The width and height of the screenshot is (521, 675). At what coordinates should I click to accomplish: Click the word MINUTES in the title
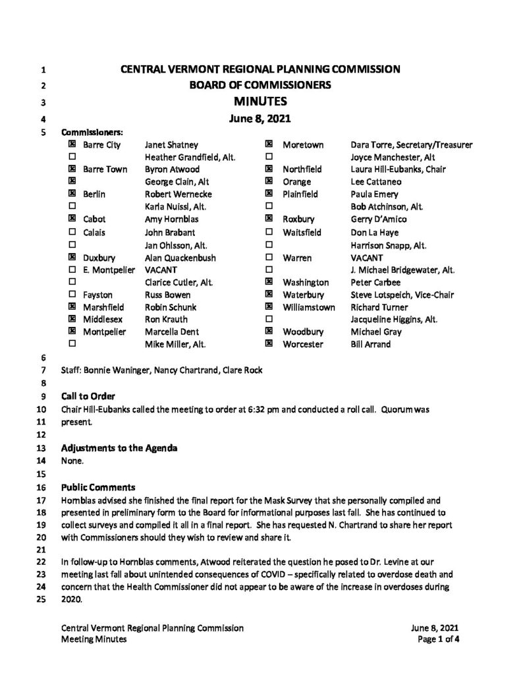(x=260, y=102)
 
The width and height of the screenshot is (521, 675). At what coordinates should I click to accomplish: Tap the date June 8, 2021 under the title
(x=260, y=119)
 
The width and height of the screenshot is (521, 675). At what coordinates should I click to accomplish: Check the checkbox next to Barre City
(x=71, y=144)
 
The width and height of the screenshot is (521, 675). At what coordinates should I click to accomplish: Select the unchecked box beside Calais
(x=71, y=233)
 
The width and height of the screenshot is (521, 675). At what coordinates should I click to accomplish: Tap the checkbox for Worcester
(x=269, y=344)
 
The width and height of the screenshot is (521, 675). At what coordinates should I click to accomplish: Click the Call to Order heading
(x=88, y=396)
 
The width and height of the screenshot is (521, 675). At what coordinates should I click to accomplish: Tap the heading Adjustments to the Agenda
(x=119, y=449)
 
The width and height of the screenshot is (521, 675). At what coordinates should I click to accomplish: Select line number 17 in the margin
(x=43, y=501)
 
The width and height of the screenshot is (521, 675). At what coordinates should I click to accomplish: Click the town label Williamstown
(x=309, y=307)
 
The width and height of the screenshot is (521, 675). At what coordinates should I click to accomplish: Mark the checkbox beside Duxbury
(x=71, y=258)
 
